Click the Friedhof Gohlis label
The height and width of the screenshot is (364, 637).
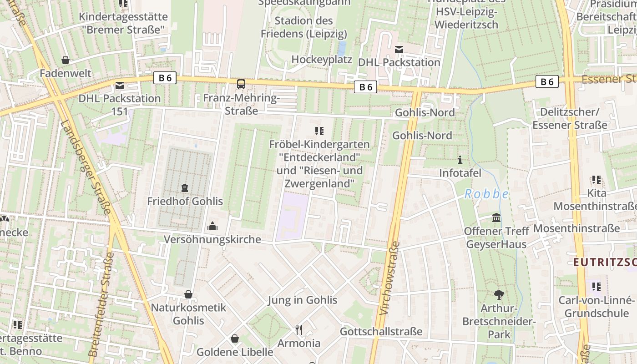185,201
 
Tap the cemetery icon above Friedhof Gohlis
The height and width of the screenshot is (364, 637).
185,187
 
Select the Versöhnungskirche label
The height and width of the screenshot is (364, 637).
212,239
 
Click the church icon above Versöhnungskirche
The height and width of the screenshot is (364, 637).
212,226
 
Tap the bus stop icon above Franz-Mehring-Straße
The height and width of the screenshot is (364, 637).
241,84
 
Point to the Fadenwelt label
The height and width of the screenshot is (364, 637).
66,73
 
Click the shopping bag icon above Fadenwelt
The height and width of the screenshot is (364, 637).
66,60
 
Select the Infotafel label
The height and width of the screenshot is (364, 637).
460,173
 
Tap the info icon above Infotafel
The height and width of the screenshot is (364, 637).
460,160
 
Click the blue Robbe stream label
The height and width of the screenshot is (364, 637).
486,194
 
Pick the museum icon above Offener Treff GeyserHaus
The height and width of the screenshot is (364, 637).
496,218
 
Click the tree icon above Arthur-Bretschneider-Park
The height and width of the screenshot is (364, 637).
499,295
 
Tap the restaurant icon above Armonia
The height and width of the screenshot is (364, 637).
299,329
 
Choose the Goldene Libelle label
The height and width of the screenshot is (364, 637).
235,352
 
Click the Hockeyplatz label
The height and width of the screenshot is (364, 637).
322,60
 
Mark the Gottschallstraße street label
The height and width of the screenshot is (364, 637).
381,331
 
